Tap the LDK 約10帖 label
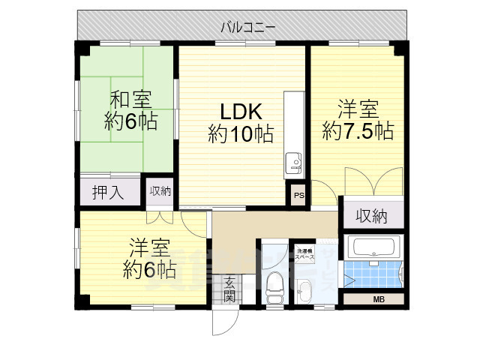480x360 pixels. (240, 124)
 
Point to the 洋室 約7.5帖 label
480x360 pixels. (358, 119)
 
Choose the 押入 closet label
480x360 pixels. (109, 192)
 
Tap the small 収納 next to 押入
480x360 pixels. (159, 190)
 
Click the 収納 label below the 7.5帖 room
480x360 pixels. (371, 217)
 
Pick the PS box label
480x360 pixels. (298, 197)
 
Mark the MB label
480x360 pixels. (377, 299)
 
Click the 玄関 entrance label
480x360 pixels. (229, 289)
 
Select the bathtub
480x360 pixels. (376, 247)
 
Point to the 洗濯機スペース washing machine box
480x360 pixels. (304, 253)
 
